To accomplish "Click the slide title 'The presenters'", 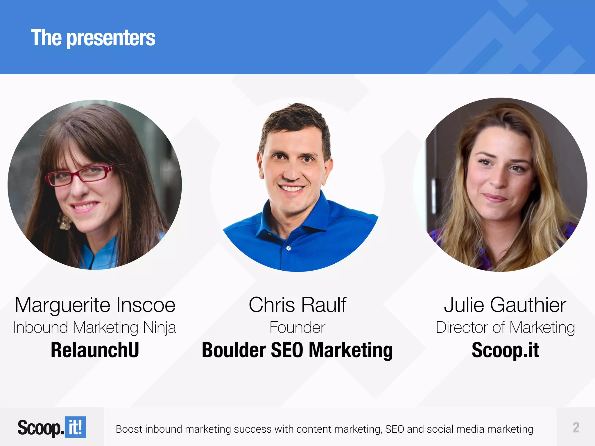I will (x=93, y=38).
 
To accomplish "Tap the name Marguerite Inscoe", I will (x=95, y=305).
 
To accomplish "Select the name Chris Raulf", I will (x=297, y=305).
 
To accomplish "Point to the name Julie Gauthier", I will (x=505, y=305).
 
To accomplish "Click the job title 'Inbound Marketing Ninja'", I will (x=95, y=328).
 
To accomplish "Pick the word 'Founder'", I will (x=297, y=328).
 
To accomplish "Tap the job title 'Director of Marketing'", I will (x=505, y=328).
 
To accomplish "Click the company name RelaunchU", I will (x=95, y=350).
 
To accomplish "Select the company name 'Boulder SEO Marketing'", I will (x=297, y=350).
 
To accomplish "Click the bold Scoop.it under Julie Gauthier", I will (x=505, y=350).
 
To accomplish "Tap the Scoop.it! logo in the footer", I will (x=52, y=427).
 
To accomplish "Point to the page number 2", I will (x=576, y=427).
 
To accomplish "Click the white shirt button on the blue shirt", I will (x=288, y=248).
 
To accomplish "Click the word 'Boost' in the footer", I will (x=129, y=429).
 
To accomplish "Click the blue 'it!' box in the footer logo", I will (x=75, y=427).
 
